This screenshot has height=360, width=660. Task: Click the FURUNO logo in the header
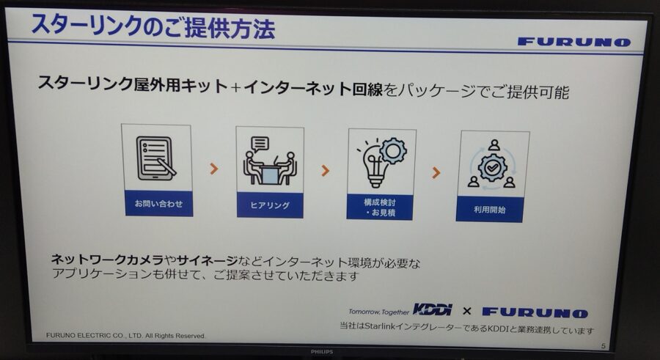(574, 42)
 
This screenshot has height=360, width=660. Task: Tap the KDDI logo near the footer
(433, 309)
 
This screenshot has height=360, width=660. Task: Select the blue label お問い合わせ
(158, 203)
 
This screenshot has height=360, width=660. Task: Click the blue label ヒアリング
(270, 205)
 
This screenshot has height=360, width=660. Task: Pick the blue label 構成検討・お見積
(380, 207)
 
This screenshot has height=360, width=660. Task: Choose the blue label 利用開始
(490, 209)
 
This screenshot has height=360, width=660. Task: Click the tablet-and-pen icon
(155, 158)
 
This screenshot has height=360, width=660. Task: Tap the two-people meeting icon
(270, 161)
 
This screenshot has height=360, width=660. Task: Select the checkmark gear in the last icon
(492, 168)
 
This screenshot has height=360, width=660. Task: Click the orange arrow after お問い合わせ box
(214, 169)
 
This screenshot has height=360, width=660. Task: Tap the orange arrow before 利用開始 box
(436, 172)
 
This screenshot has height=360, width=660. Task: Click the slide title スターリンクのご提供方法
(153, 26)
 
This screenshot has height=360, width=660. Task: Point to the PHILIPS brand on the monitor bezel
(322, 352)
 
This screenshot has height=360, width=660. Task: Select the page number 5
(604, 345)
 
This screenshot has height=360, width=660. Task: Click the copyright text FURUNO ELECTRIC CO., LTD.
(95, 335)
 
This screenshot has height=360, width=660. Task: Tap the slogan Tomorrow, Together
(379, 312)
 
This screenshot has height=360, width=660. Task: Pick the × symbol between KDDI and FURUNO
(467, 311)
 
